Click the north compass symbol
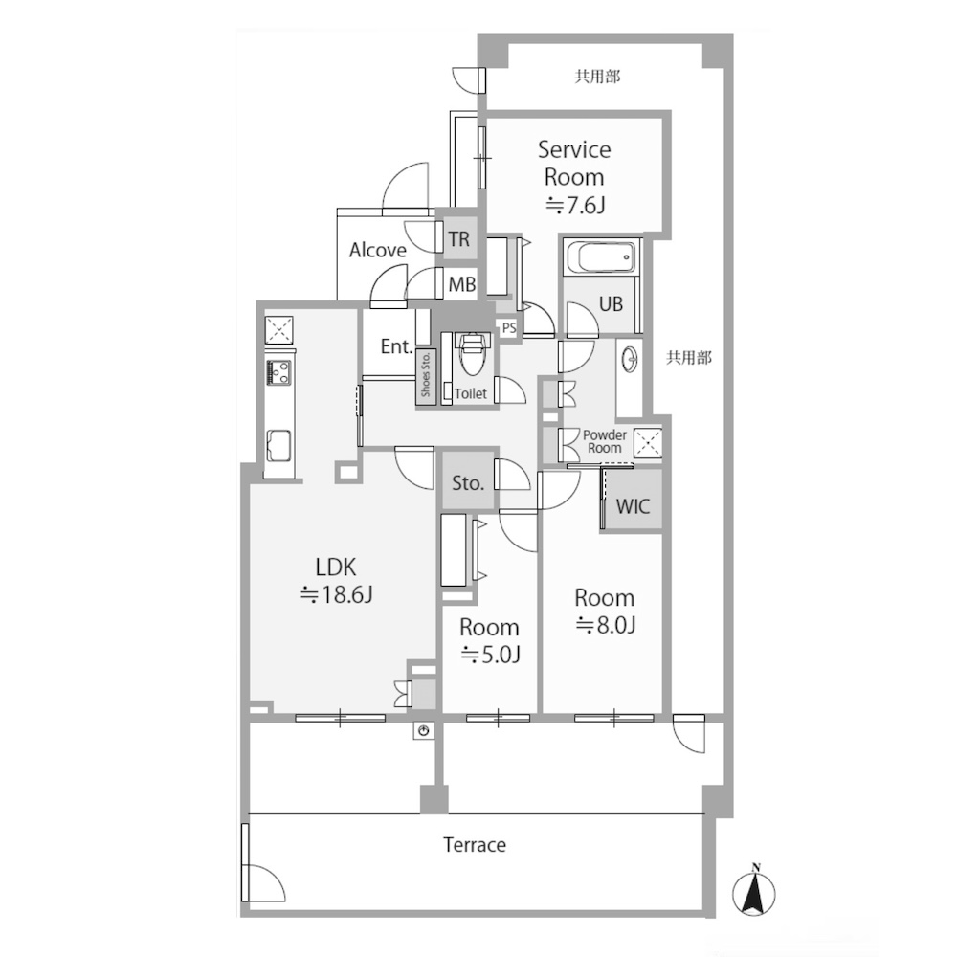tap(754, 892)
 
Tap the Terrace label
tap(475, 845)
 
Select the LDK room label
tap(336, 568)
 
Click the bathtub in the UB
tap(601, 257)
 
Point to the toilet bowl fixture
tap(470, 355)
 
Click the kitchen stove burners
tap(278, 373)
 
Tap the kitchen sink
tap(279, 446)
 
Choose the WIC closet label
tap(633, 506)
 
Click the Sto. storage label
tap(468, 483)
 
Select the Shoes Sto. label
tap(426, 374)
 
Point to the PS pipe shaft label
tap(509, 327)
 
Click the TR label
tap(459, 239)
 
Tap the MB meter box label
tap(462, 284)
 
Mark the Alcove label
tap(378, 250)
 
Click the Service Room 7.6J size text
tap(574, 206)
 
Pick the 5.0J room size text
tap(490, 655)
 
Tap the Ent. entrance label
tap(396, 346)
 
